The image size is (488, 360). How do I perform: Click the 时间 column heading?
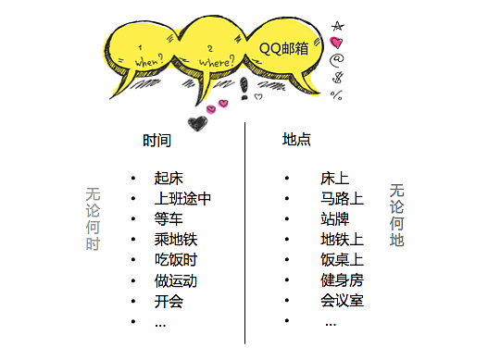click(x=156, y=142)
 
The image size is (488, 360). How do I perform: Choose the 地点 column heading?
click(x=296, y=140)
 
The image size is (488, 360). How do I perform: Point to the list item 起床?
click(x=169, y=178)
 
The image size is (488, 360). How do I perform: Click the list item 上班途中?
click(x=183, y=198)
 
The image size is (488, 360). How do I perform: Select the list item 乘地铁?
click(x=176, y=240)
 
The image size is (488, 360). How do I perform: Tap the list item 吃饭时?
click(x=176, y=260)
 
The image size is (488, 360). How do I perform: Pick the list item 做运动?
click(x=176, y=280)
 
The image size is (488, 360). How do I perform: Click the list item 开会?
click(x=169, y=301)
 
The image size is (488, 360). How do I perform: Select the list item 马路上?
click(x=342, y=198)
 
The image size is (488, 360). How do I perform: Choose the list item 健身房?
click(x=342, y=280)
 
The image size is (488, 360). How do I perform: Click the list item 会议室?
click(x=342, y=301)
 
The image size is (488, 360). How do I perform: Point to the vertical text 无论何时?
click(x=93, y=219)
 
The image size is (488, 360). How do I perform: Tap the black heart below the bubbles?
click(x=195, y=122)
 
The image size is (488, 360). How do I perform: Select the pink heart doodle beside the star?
click(x=336, y=42)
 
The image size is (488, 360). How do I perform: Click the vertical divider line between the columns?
click(x=245, y=231)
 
